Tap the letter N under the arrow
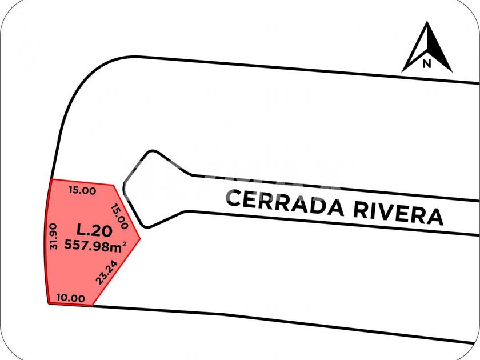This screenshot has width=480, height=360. tap(426, 64)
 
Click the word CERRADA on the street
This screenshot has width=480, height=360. tap(284, 203)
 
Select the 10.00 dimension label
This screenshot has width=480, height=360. tap(71, 298)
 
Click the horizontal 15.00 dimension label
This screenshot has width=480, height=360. tap(82, 191)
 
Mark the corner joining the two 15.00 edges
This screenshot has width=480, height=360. tap(115, 185)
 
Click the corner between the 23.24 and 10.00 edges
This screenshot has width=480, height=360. tap(93, 306)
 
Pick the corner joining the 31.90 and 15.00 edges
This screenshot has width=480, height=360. tap(52, 179)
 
